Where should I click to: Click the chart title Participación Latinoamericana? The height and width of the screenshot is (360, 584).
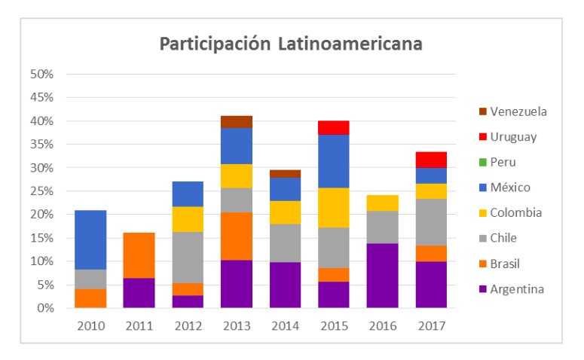click(x=290, y=44)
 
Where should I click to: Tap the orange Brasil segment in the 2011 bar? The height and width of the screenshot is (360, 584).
click(x=139, y=255)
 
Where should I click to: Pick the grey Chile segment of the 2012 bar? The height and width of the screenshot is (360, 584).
click(x=188, y=257)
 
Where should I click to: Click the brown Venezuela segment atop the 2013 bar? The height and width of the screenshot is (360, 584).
click(x=237, y=121)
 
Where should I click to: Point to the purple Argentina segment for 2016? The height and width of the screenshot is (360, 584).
click(x=383, y=275)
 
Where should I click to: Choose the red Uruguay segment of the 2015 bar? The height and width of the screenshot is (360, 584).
click(x=334, y=127)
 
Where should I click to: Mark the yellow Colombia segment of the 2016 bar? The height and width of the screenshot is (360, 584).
click(x=383, y=203)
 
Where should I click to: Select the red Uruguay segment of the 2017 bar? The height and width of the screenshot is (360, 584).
click(x=431, y=160)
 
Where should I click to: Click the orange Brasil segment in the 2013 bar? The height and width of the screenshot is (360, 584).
click(x=237, y=236)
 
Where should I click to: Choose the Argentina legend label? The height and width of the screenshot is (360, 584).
click(x=517, y=289)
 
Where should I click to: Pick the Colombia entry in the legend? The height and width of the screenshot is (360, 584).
click(x=516, y=212)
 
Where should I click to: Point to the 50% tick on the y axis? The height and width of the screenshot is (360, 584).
click(x=41, y=74)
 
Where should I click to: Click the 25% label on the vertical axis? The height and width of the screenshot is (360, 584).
click(x=41, y=191)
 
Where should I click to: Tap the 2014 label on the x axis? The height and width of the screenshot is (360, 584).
click(x=285, y=325)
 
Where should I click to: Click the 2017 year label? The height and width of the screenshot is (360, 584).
click(x=431, y=325)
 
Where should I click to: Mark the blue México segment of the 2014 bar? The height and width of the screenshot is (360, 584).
click(x=285, y=189)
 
